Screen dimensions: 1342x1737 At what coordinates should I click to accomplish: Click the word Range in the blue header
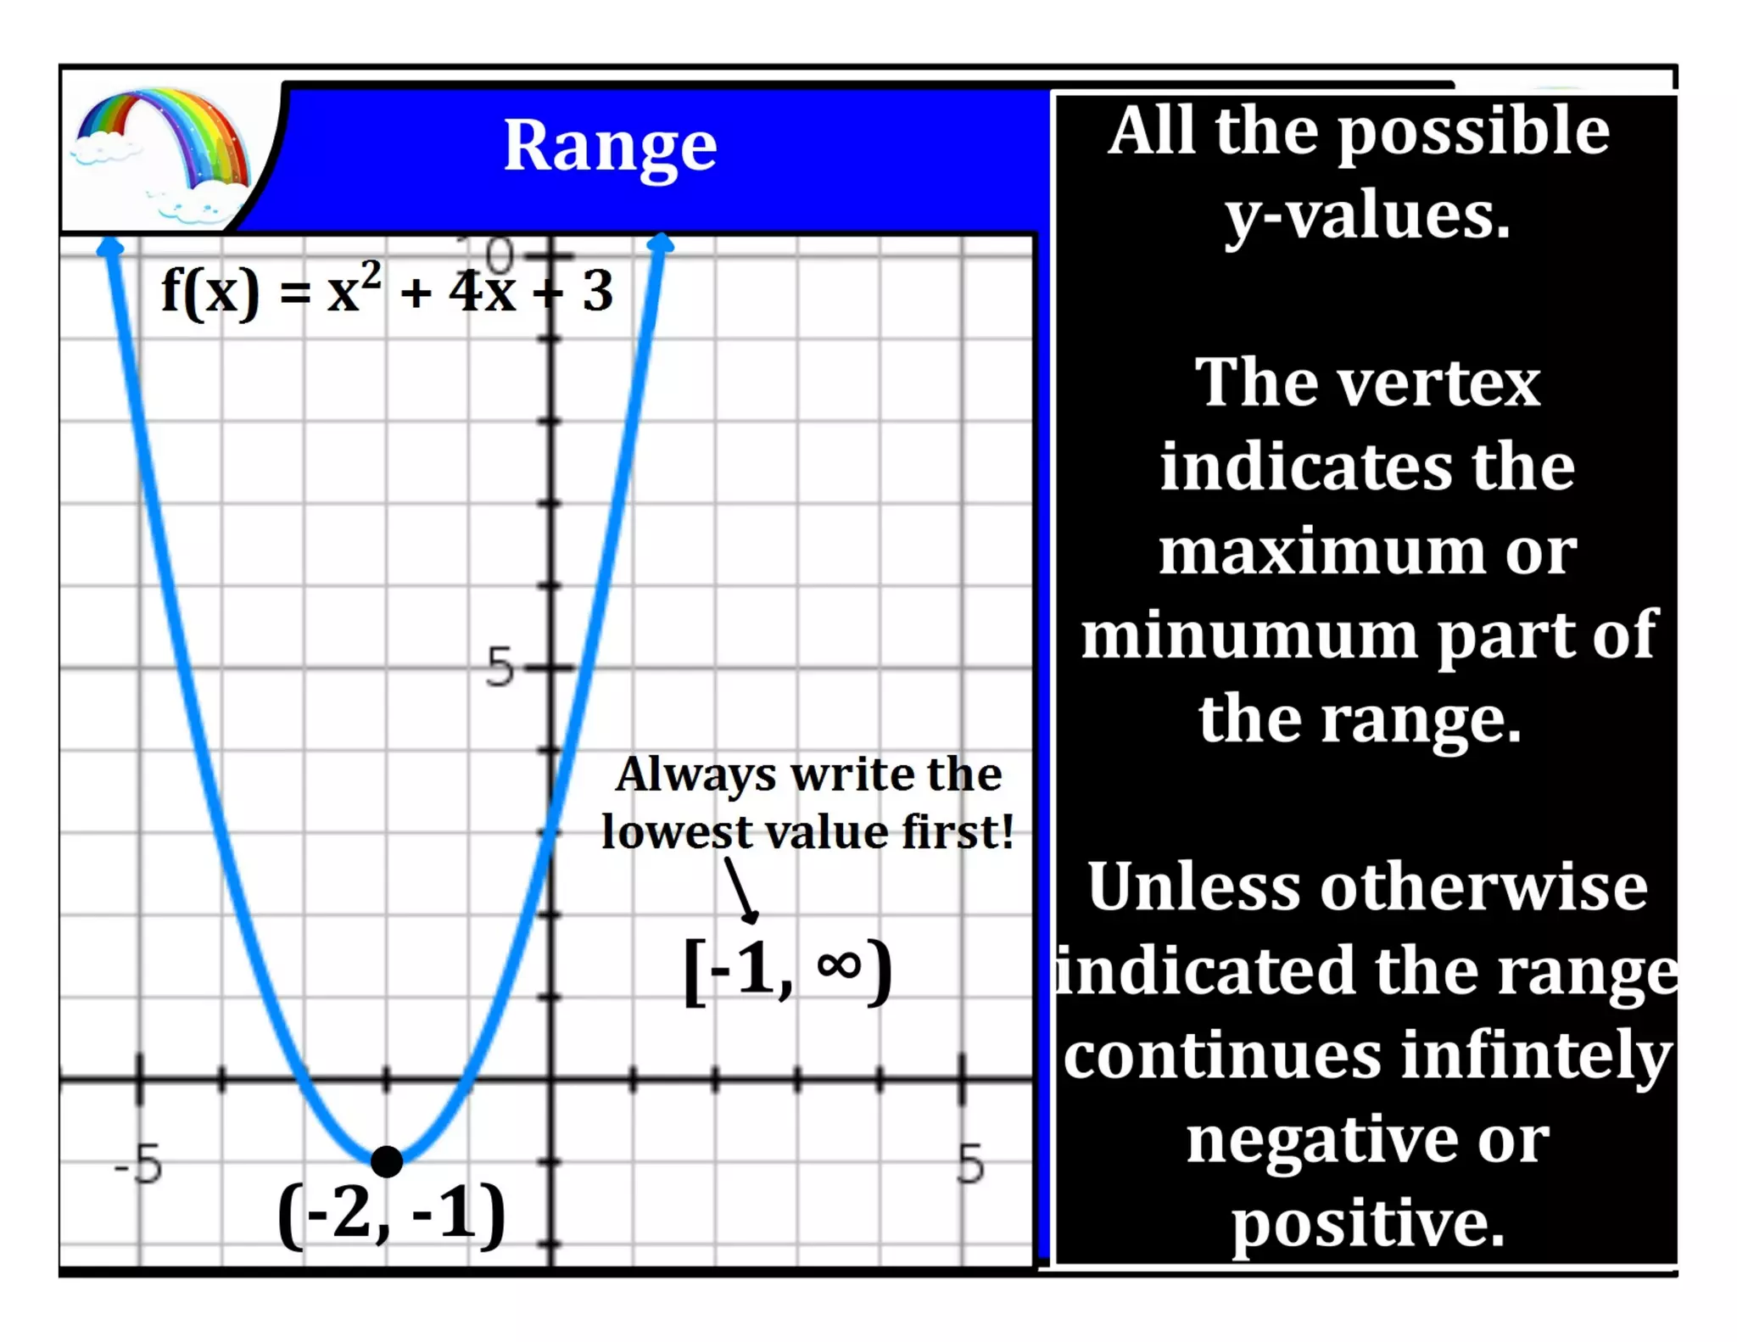[610, 147]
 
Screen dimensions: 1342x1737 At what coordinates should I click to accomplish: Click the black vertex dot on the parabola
[387, 1160]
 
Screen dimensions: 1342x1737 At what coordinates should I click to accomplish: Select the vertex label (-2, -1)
[392, 1215]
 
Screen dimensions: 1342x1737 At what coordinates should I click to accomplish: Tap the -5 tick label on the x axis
[138, 1164]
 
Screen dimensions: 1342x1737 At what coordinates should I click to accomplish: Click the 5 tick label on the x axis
[971, 1164]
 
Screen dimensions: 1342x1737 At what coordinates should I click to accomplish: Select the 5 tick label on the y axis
[500, 667]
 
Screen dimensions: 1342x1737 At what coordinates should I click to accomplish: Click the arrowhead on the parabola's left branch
[110, 246]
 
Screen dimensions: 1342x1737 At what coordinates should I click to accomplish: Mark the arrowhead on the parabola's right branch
[661, 244]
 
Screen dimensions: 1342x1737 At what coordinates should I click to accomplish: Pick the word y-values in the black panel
[1367, 215]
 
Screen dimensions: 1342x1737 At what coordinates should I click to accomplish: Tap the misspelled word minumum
[1252, 635]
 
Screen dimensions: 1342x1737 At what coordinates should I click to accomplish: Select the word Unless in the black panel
[1193, 887]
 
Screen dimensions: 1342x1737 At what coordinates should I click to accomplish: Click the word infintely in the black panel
[1536, 1055]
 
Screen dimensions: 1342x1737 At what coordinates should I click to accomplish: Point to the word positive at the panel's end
[1367, 1223]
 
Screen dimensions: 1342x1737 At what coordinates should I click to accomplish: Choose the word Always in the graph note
[695, 775]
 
